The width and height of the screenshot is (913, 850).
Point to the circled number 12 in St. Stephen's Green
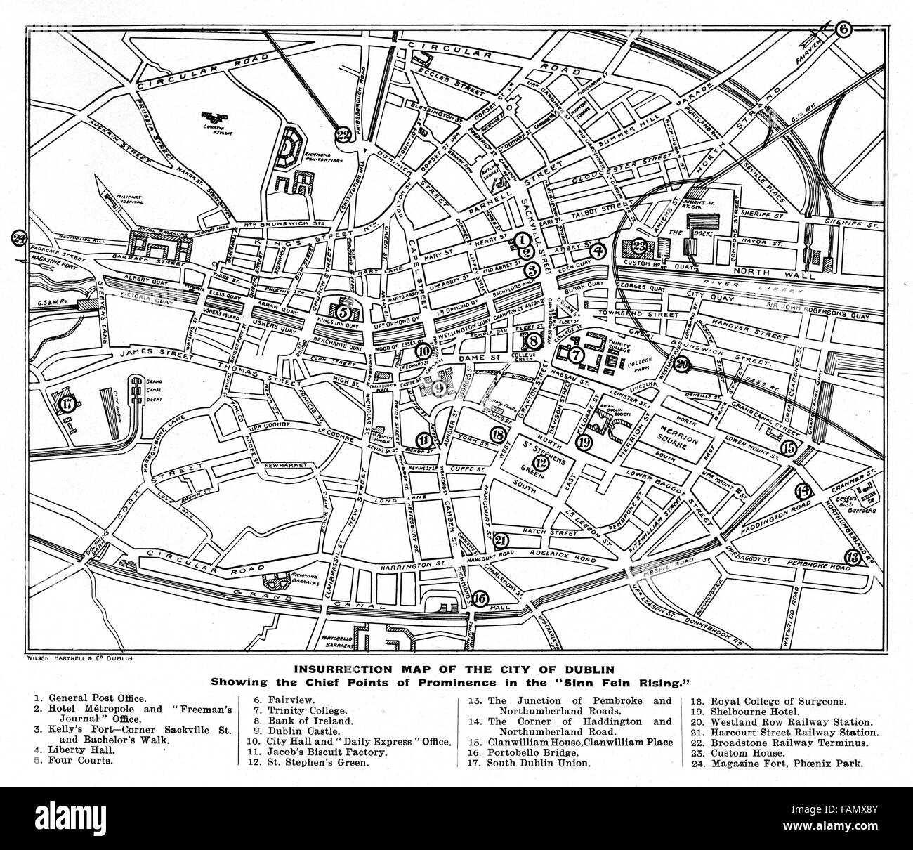[539, 462]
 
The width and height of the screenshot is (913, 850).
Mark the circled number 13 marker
[852, 557]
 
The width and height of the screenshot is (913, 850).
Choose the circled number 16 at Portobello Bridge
[480, 598]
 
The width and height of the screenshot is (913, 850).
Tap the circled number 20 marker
[681, 364]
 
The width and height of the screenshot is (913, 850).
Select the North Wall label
[777, 271]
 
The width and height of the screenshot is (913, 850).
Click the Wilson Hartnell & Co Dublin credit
[74, 659]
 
